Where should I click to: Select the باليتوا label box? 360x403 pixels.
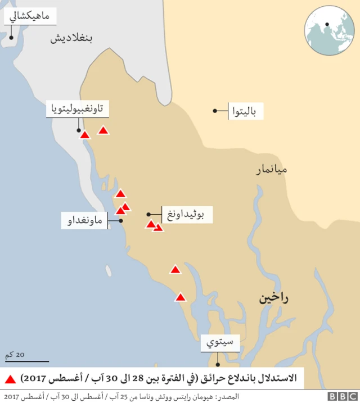(x=245, y=111)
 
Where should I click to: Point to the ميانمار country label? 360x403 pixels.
(x=272, y=168)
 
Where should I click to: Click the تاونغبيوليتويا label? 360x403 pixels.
(x=77, y=109)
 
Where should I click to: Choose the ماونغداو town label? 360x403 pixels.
(x=84, y=221)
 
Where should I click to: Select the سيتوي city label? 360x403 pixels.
(x=220, y=342)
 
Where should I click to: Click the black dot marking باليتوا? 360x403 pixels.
(x=215, y=111)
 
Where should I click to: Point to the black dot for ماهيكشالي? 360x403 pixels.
(x=11, y=36)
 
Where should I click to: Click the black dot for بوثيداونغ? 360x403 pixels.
(x=148, y=214)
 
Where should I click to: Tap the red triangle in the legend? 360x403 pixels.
(x=11, y=376)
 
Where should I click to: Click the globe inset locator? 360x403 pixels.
(x=330, y=30)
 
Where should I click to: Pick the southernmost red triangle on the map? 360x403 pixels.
(x=180, y=297)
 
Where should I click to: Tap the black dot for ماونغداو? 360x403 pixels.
(x=121, y=221)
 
